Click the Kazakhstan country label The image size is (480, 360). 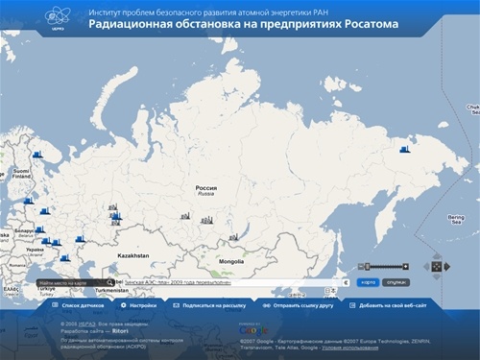(x=132, y=256)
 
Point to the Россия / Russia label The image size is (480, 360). (x=206, y=191)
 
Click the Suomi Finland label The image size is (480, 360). (x=21, y=174)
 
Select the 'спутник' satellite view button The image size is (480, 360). (x=396, y=283)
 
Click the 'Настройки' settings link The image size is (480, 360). (x=143, y=304)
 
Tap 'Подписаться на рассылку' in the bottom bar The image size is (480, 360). (x=213, y=304)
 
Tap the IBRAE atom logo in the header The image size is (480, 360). (x=60, y=18)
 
